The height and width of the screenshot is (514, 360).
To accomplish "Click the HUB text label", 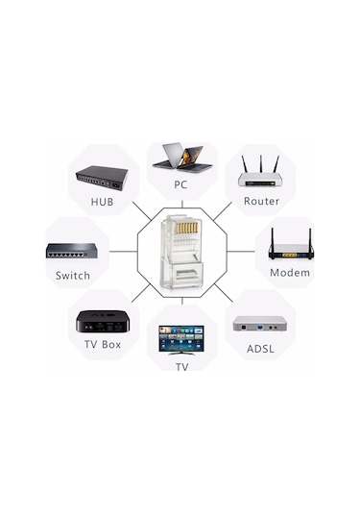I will click(102, 203).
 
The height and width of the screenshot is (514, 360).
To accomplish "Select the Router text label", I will click(261, 202).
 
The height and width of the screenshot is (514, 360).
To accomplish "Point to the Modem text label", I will click(289, 273).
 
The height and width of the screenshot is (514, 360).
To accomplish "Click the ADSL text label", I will click(259, 348).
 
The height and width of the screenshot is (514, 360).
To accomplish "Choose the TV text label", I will click(181, 366).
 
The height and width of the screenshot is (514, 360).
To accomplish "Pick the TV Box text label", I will click(103, 344).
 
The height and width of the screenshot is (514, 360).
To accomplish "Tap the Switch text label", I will click(73, 276).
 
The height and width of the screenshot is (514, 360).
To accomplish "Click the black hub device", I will click(102, 178).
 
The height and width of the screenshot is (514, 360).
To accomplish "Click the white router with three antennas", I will click(260, 174).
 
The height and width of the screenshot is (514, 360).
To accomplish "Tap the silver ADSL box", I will click(260, 323).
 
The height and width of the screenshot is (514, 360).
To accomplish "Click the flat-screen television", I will click(181, 338).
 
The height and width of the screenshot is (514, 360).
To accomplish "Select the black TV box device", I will click(102, 320).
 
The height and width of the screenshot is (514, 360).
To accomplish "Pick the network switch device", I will click(72, 251).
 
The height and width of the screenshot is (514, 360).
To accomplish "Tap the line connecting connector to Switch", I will click(122, 251).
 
